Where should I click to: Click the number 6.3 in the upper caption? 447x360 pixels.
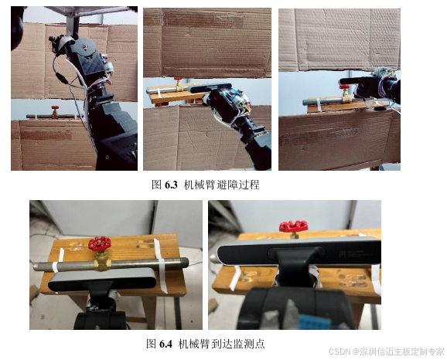[171, 185]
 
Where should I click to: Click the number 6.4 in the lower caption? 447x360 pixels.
[166, 344]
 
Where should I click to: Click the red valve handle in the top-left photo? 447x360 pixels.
[55, 108]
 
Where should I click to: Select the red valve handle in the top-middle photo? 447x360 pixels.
[178, 79]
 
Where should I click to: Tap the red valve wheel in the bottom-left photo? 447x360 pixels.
[100, 243]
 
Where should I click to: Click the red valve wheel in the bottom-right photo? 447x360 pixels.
[294, 226]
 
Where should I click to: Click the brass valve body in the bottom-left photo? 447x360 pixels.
[102, 261]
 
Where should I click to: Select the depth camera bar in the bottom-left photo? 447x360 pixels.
[103, 279]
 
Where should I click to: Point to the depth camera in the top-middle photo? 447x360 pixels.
[210, 88]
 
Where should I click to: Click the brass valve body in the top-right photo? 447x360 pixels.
[346, 97]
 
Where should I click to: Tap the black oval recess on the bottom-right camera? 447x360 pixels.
[296, 253]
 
